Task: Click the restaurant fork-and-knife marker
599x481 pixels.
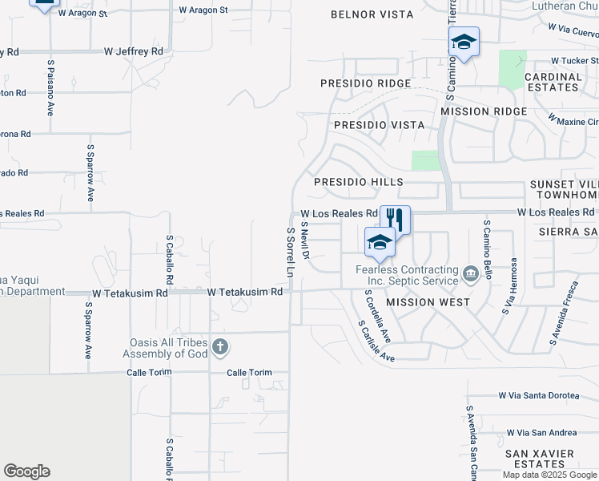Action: pyautogui.click(x=395, y=219)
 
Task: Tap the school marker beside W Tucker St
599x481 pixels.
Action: pyautogui.click(x=463, y=41)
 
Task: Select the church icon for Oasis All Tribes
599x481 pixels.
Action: pyautogui.click(x=221, y=347)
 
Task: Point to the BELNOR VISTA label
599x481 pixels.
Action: pyautogui.click(x=372, y=14)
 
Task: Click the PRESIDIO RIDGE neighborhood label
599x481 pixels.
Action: pyautogui.click(x=365, y=83)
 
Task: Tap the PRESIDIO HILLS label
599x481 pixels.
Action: pyautogui.click(x=358, y=182)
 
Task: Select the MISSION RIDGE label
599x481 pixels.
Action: pyautogui.click(x=484, y=111)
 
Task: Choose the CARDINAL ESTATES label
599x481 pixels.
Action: pyautogui.click(x=553, y=83)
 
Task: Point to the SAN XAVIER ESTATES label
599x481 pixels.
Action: pyautogui.click(x=540, y=459)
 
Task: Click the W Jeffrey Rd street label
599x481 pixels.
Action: pyautogui.click(x=133, y=51)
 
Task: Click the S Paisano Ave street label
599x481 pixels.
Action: pyautogui.click(x=50, y=87)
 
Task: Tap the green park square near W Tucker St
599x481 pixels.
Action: pyautogui.click(x=513, y=68)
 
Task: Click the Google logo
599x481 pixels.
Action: pyautogui.click(x=26, y=471)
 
